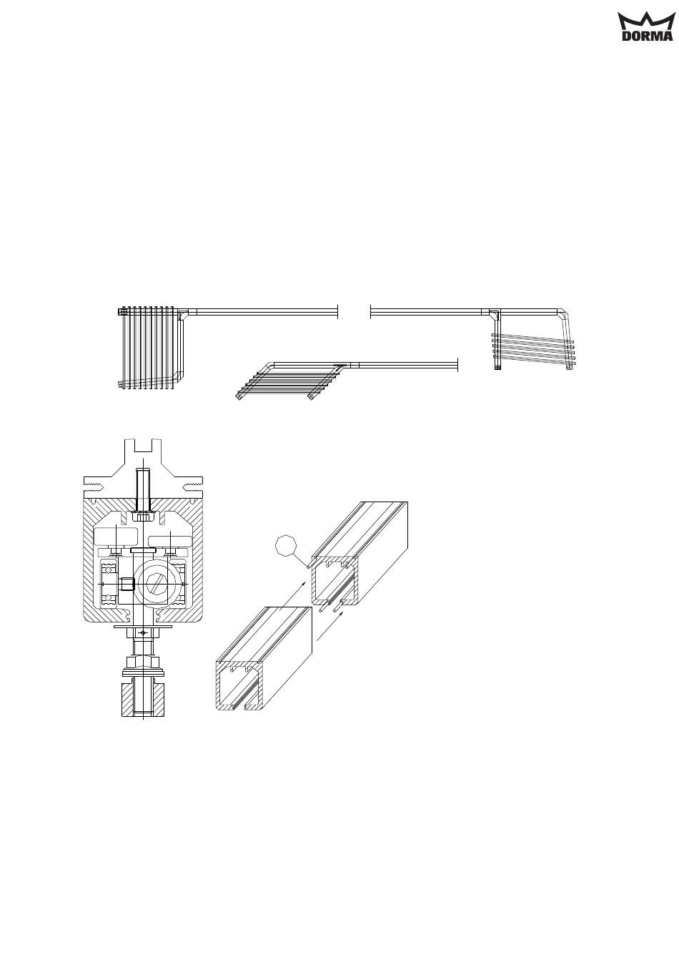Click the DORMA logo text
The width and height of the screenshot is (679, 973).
pyautogui.click(x=648, y=36)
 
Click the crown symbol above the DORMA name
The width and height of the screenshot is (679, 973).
pyautogui.click(x=647, y=21)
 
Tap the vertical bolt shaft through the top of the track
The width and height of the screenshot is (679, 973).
pyautogui.click(x=143, y=490)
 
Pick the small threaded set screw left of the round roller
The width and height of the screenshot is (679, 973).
pyautogui.click(x=127, y=585)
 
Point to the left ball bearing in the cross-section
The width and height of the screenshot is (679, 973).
pyautogui.click(x=108, y=583)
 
